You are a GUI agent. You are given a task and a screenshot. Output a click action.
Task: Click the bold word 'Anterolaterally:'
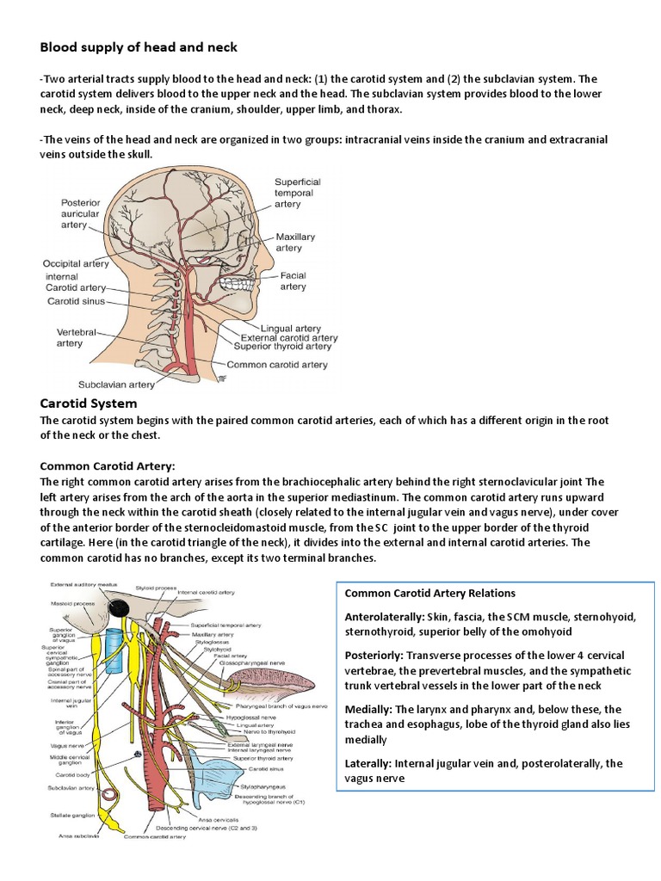tap(384, 617)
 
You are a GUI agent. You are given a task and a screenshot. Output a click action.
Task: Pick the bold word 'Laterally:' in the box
tap(372, 763)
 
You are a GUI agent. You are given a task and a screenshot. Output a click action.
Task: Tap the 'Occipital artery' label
tap(76, 263)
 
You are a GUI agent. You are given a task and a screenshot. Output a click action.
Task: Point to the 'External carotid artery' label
tap(289, 337)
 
